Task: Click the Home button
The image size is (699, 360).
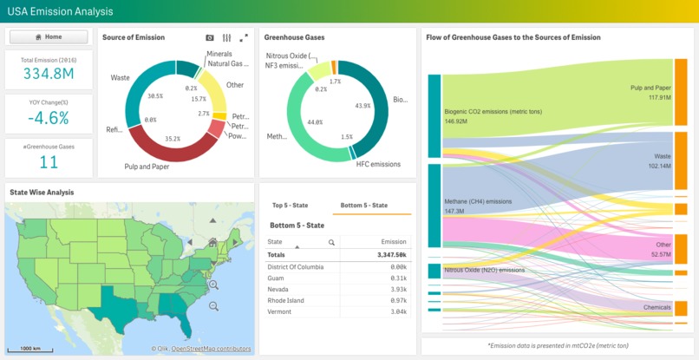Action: [x=49, y=37]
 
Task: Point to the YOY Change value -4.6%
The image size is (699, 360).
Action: [x=49, y=117]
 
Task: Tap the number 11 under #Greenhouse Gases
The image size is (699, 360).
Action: [x=49, y=161]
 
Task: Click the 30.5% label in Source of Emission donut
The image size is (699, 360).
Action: [x=155, y=95]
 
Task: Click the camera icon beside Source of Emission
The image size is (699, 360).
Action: [x=210, y=38]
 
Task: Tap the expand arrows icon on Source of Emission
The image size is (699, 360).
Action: [x=244, y=38]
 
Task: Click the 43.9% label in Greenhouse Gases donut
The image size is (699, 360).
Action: [x=363, y=105]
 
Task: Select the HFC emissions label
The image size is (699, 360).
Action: [x=378, y=164]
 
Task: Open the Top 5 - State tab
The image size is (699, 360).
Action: [x=291, y=206]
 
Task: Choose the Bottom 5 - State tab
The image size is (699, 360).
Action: [x=363, y=206]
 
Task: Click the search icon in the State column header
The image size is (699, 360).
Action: [x=331, y=243]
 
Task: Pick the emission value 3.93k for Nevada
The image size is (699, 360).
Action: [x=398, y=289]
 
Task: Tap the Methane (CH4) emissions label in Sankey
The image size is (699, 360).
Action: [x=478, y=200]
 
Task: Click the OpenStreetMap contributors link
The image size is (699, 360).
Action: [x=211, y=349]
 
